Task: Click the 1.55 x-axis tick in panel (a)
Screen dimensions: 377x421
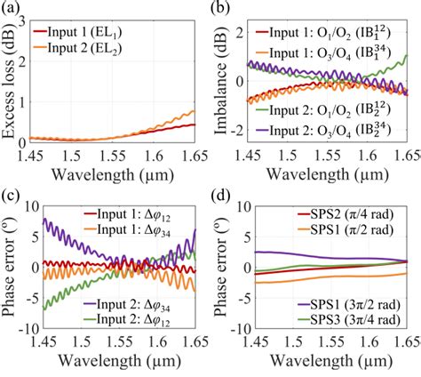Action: [x=119, y=156]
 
